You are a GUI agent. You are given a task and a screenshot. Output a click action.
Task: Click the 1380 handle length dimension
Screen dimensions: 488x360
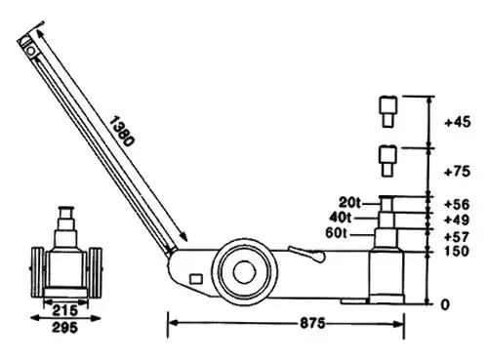[121, 132]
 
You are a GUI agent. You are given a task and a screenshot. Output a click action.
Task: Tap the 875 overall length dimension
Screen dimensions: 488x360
[312, 323]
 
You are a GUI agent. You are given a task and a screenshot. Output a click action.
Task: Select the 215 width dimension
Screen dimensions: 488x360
[65, 310]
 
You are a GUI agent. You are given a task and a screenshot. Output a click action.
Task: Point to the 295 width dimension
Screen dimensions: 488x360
[65, 328]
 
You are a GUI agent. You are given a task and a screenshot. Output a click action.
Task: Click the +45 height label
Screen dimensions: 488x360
[458, 122]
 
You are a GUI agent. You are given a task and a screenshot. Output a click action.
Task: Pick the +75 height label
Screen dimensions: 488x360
[458, 172]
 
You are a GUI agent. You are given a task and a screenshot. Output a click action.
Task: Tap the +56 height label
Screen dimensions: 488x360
[457, 204]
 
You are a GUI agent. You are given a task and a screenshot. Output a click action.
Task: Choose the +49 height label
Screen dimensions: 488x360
[457, 220]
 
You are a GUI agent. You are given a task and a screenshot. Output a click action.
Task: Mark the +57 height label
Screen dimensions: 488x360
[457, 237]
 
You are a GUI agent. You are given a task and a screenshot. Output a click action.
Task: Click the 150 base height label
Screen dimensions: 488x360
[457, 251]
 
